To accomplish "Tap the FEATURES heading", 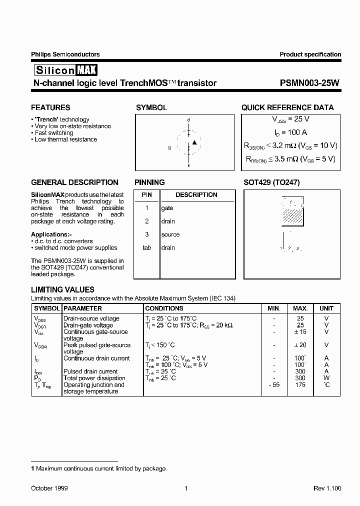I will coord(50,107).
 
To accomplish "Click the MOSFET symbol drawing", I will coord(188,143).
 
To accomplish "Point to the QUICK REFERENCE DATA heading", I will coord(287,107).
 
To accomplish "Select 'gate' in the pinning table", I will coord(167,208).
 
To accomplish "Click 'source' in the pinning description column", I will coord(170,234).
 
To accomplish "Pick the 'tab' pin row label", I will coord(146,247).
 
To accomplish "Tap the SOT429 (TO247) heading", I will coord(271,182).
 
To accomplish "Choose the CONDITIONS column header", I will coord(164,308).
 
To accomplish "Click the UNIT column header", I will coord(326,308).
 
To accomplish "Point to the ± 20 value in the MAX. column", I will coord(300,345).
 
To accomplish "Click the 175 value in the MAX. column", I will coord(300,385).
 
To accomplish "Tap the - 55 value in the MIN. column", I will coord(273,385).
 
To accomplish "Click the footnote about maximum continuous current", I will coord(99,468).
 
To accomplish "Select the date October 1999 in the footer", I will coord(49,488).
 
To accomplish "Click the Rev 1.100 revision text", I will coord(327,488).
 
